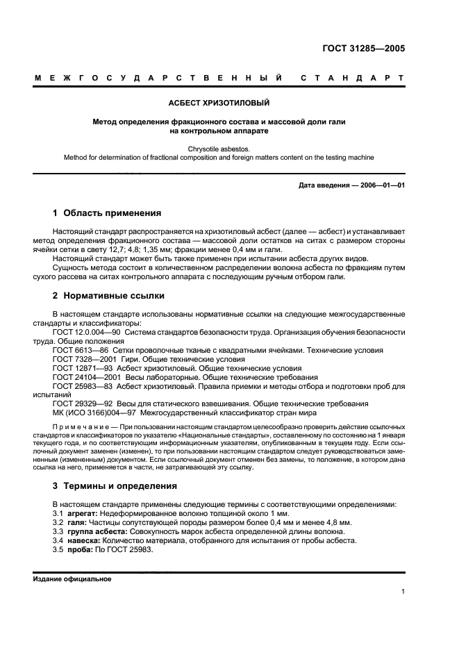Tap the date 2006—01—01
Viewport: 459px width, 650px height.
[x=380, y=185]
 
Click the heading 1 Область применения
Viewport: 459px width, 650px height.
[x=107, y=213]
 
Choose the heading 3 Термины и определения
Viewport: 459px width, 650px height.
[x=115, y=485]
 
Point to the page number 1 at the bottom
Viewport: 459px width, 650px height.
[x=403, y=592]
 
